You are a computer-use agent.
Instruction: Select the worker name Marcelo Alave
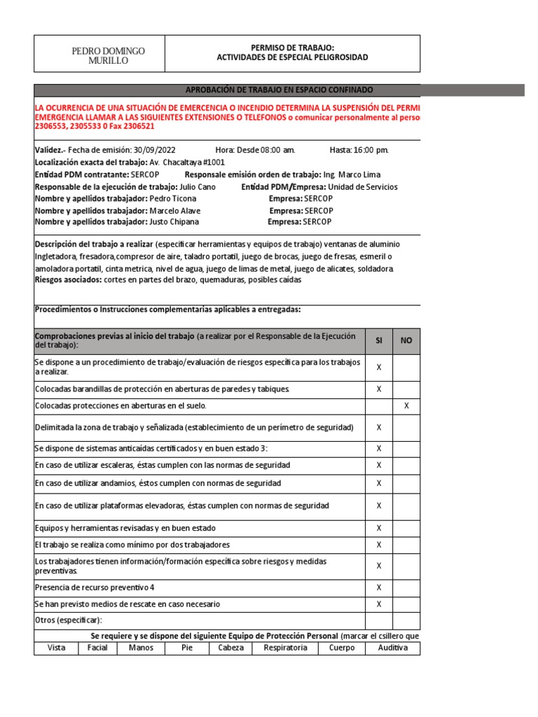pos(174,211)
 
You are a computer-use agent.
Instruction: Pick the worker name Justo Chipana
pos(174,222)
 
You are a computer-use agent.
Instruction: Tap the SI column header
pos(379,341)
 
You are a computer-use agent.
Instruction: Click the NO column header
pos(406,341)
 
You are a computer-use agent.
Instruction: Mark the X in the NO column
pos(406,406)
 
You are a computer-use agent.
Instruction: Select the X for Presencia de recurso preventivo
pos(379,587)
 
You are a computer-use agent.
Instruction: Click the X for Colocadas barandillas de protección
pos(379,389)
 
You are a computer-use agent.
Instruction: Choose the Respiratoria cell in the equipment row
pos(285,648)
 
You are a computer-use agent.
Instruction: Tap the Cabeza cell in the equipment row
pos(231,648)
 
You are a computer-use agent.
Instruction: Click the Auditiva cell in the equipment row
pos(392,648)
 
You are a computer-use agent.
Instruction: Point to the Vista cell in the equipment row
pos(56,648)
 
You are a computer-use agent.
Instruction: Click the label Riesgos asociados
pos(68,280)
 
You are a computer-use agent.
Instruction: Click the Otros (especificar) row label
pos(69,620)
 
